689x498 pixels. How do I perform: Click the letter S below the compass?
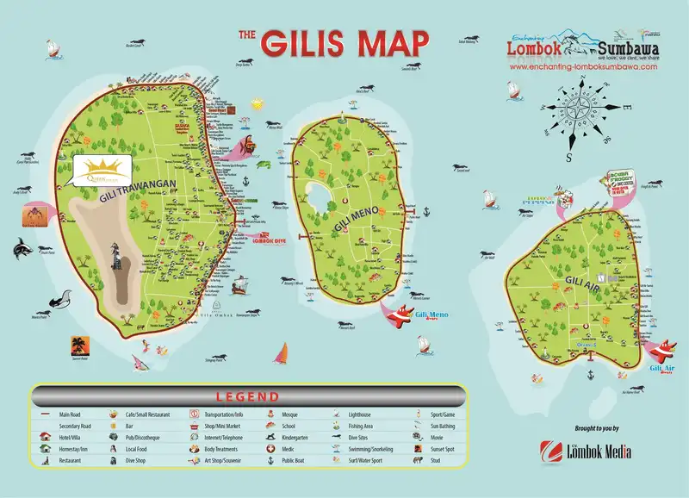pos(569,159)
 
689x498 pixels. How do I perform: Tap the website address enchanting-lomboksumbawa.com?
pos(581,66)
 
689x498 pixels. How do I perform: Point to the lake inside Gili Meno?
pos(320,196)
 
